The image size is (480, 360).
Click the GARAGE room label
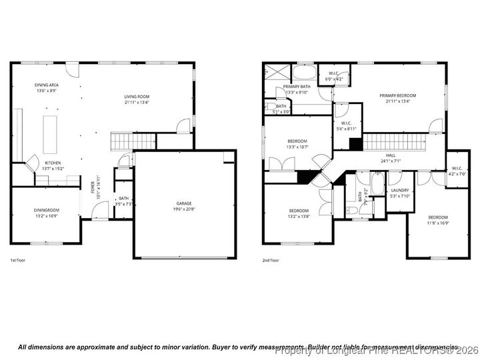[185, 203]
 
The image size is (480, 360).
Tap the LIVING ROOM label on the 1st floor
[137, 97]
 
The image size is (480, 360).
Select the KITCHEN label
[53, 163]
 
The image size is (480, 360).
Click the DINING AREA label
[47, 85]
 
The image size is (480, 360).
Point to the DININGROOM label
[47, 210]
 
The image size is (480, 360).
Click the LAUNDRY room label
[400, 190]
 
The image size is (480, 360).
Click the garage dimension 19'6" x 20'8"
[185, 209]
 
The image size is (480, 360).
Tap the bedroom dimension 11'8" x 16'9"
[437, 223]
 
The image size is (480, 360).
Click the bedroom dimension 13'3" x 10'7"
[297, 147]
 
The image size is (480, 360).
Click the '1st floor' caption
[19, 260]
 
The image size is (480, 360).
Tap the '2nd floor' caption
[271, 260]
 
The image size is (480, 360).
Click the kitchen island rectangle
[50, 135]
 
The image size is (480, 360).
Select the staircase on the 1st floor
[133, 141]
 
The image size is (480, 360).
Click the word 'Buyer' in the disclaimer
[191, 347]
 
